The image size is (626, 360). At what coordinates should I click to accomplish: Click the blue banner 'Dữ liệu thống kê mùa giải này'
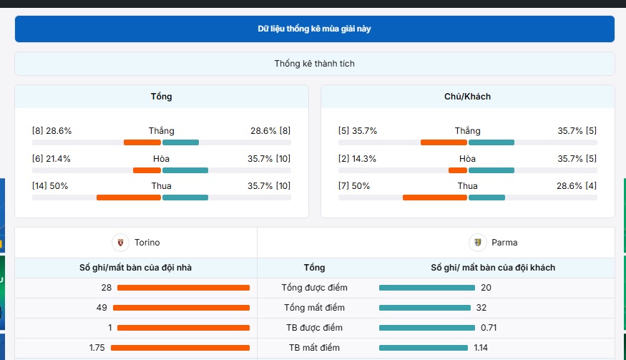pos(314,29)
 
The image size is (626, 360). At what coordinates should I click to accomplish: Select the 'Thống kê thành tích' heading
pos(314,64)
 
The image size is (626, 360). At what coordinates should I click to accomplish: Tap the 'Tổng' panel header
pos(161,97)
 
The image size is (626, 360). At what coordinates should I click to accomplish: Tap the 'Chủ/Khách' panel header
pos(467,97)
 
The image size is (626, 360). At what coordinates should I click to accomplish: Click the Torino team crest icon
pos(121,243)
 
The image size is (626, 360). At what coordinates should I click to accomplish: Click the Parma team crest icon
pos(477,243)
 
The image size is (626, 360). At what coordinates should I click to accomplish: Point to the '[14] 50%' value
pos(50,186)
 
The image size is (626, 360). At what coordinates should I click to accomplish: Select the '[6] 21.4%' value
pos(52,159)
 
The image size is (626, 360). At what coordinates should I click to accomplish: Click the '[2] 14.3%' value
pos(357,159)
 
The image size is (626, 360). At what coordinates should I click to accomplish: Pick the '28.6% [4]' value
pos(577,186)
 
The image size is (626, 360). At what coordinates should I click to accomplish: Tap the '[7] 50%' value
pos(354,186)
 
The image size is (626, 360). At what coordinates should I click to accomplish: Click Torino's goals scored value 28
pos(107,288)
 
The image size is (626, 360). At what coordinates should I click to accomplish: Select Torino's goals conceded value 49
pos(101,308)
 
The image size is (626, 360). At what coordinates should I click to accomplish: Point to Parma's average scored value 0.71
pos(489,328)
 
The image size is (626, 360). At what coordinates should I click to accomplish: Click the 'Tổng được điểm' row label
pos(314,288)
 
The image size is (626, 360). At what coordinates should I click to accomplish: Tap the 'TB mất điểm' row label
pos(314,348)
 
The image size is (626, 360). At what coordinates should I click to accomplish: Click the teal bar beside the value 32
pos(426,308)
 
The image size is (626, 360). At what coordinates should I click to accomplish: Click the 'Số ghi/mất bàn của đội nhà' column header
pos(135,268)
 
